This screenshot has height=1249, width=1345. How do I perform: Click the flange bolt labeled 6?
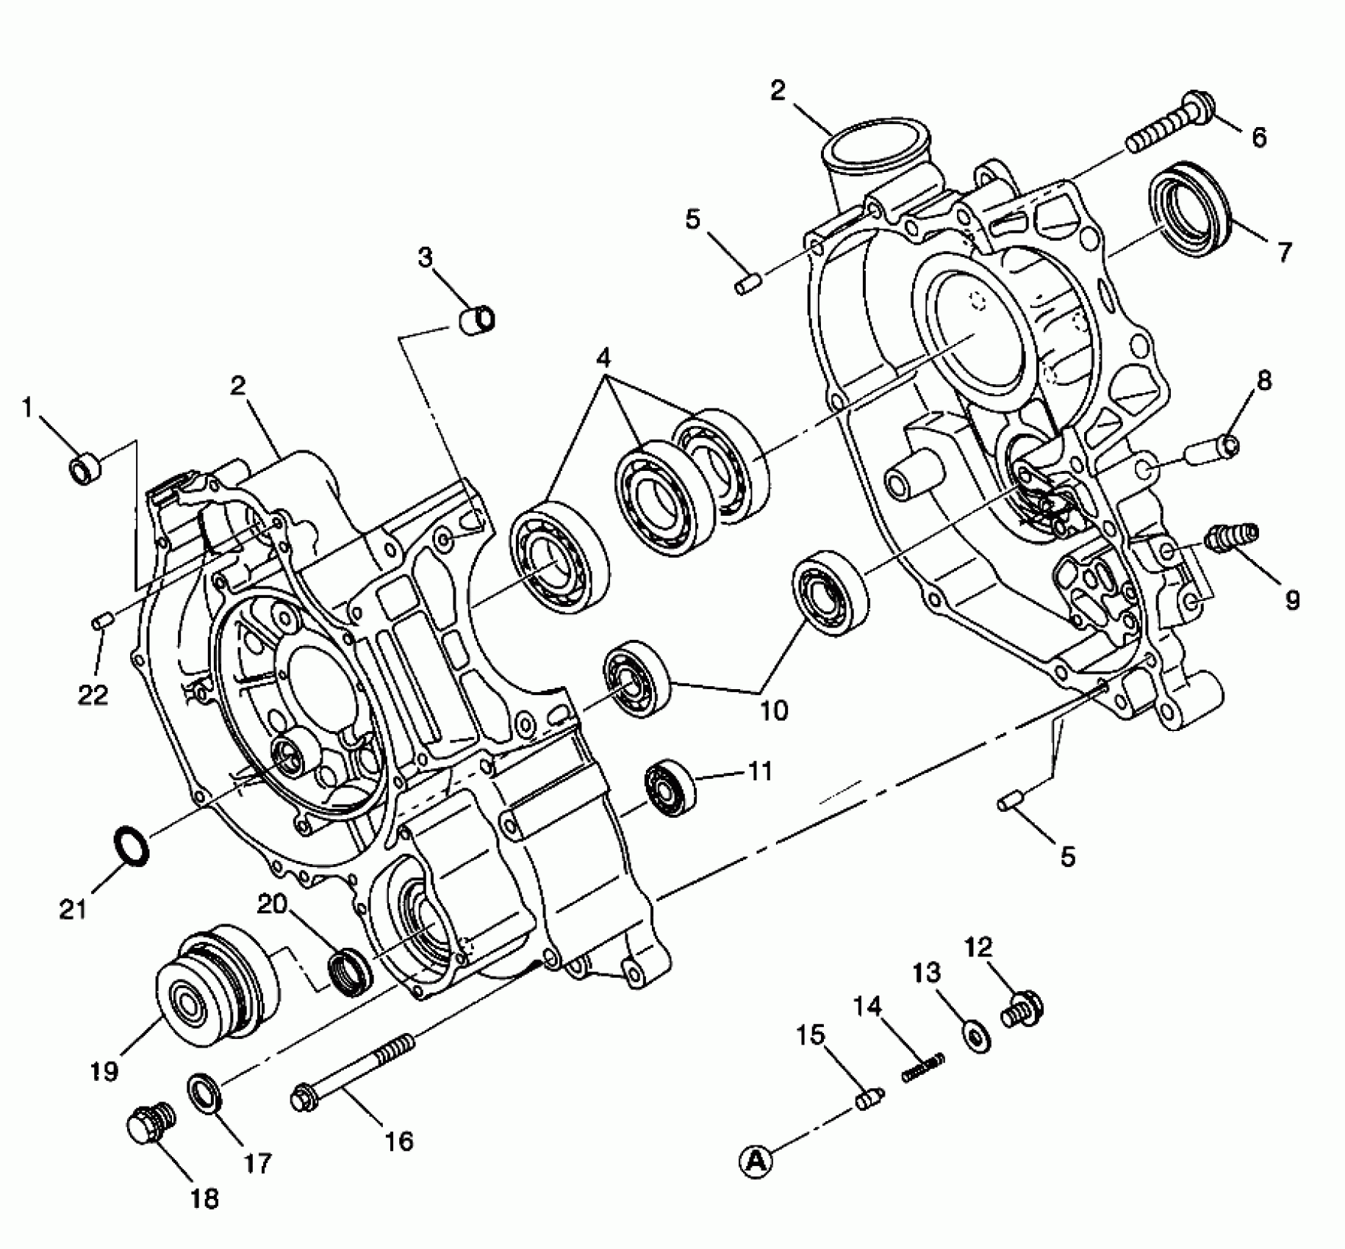click(1169, 126)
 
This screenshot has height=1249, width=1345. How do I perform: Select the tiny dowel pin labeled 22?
click(101, 622)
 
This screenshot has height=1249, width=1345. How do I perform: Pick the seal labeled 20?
click(351, 972)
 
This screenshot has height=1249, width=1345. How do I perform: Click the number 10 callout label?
click(773, 710)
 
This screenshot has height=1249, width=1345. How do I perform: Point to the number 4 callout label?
click(603, 359)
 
